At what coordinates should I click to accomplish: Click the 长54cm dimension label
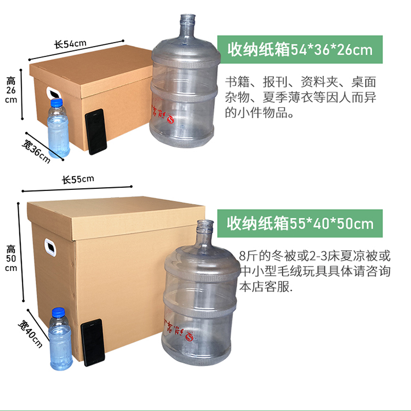click(x=70, y=44)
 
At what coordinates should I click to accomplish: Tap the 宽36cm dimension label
click(x=36, y=151)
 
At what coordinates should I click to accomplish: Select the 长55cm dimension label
click(x=78, y=180)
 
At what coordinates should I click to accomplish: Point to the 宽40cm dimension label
click(x=30, y=334)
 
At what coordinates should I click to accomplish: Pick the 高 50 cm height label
click(x=11, y=258)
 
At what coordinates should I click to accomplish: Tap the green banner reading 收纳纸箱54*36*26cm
click(x=300, y=50)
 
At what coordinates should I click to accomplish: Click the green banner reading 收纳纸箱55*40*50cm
click(x=300, y=224)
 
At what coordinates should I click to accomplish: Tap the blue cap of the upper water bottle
click(x=56, y=103)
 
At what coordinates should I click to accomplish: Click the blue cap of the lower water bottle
click(x=58, y=312)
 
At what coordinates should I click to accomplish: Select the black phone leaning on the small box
click(x=96, y=131)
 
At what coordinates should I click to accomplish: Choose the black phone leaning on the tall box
click(x=93, y=343)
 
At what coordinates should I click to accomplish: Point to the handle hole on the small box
click(x=54, y=93)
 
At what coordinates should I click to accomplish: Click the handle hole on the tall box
click(x=50, y=247)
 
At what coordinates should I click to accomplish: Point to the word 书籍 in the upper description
click(x=237, y=82)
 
